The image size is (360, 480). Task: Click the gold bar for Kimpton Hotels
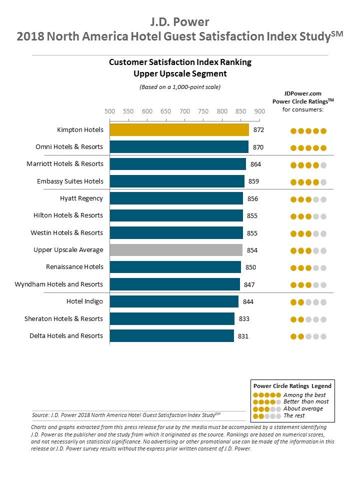click(x=179, y=130)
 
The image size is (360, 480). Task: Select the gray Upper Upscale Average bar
click(x=176, y=250)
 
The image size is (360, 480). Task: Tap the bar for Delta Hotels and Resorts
click(x=171, y=336)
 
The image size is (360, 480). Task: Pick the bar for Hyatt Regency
click(x=176, y=198)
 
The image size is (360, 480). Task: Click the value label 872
click(x=258, y=130)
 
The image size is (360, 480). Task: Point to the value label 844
click(x=249, y=301)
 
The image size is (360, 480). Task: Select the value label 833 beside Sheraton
click(x=244, y=319)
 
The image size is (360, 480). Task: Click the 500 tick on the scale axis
click(x=109, y=111)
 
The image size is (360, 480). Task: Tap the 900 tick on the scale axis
click(x=259, y=111)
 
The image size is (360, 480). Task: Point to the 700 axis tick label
click(x=184, y=111)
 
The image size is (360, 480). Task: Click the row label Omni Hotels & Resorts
click(x=69, y=147)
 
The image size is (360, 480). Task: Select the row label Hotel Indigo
click(x=84, y=301)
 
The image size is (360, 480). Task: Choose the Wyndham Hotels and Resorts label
click(x=59, y=284)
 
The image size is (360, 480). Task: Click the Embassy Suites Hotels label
click(x=70, y=181)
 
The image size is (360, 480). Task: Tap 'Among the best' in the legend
click(x=304, y=395)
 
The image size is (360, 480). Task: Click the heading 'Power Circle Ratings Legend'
click(x=292, y=386)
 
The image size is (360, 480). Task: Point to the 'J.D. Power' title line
click(x=180, y=22)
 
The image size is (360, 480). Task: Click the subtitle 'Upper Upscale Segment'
click(x=180, y=74)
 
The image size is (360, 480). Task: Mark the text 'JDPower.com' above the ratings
click(x=302, y=93)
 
